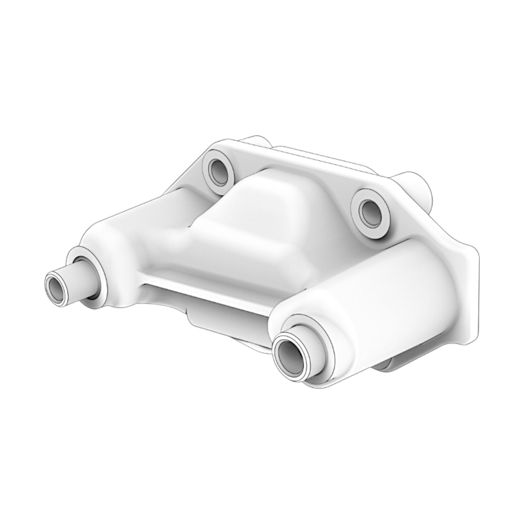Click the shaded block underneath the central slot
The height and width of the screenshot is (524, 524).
[x=225, y=315]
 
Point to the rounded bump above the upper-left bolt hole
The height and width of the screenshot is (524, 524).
[x=254, y=141]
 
